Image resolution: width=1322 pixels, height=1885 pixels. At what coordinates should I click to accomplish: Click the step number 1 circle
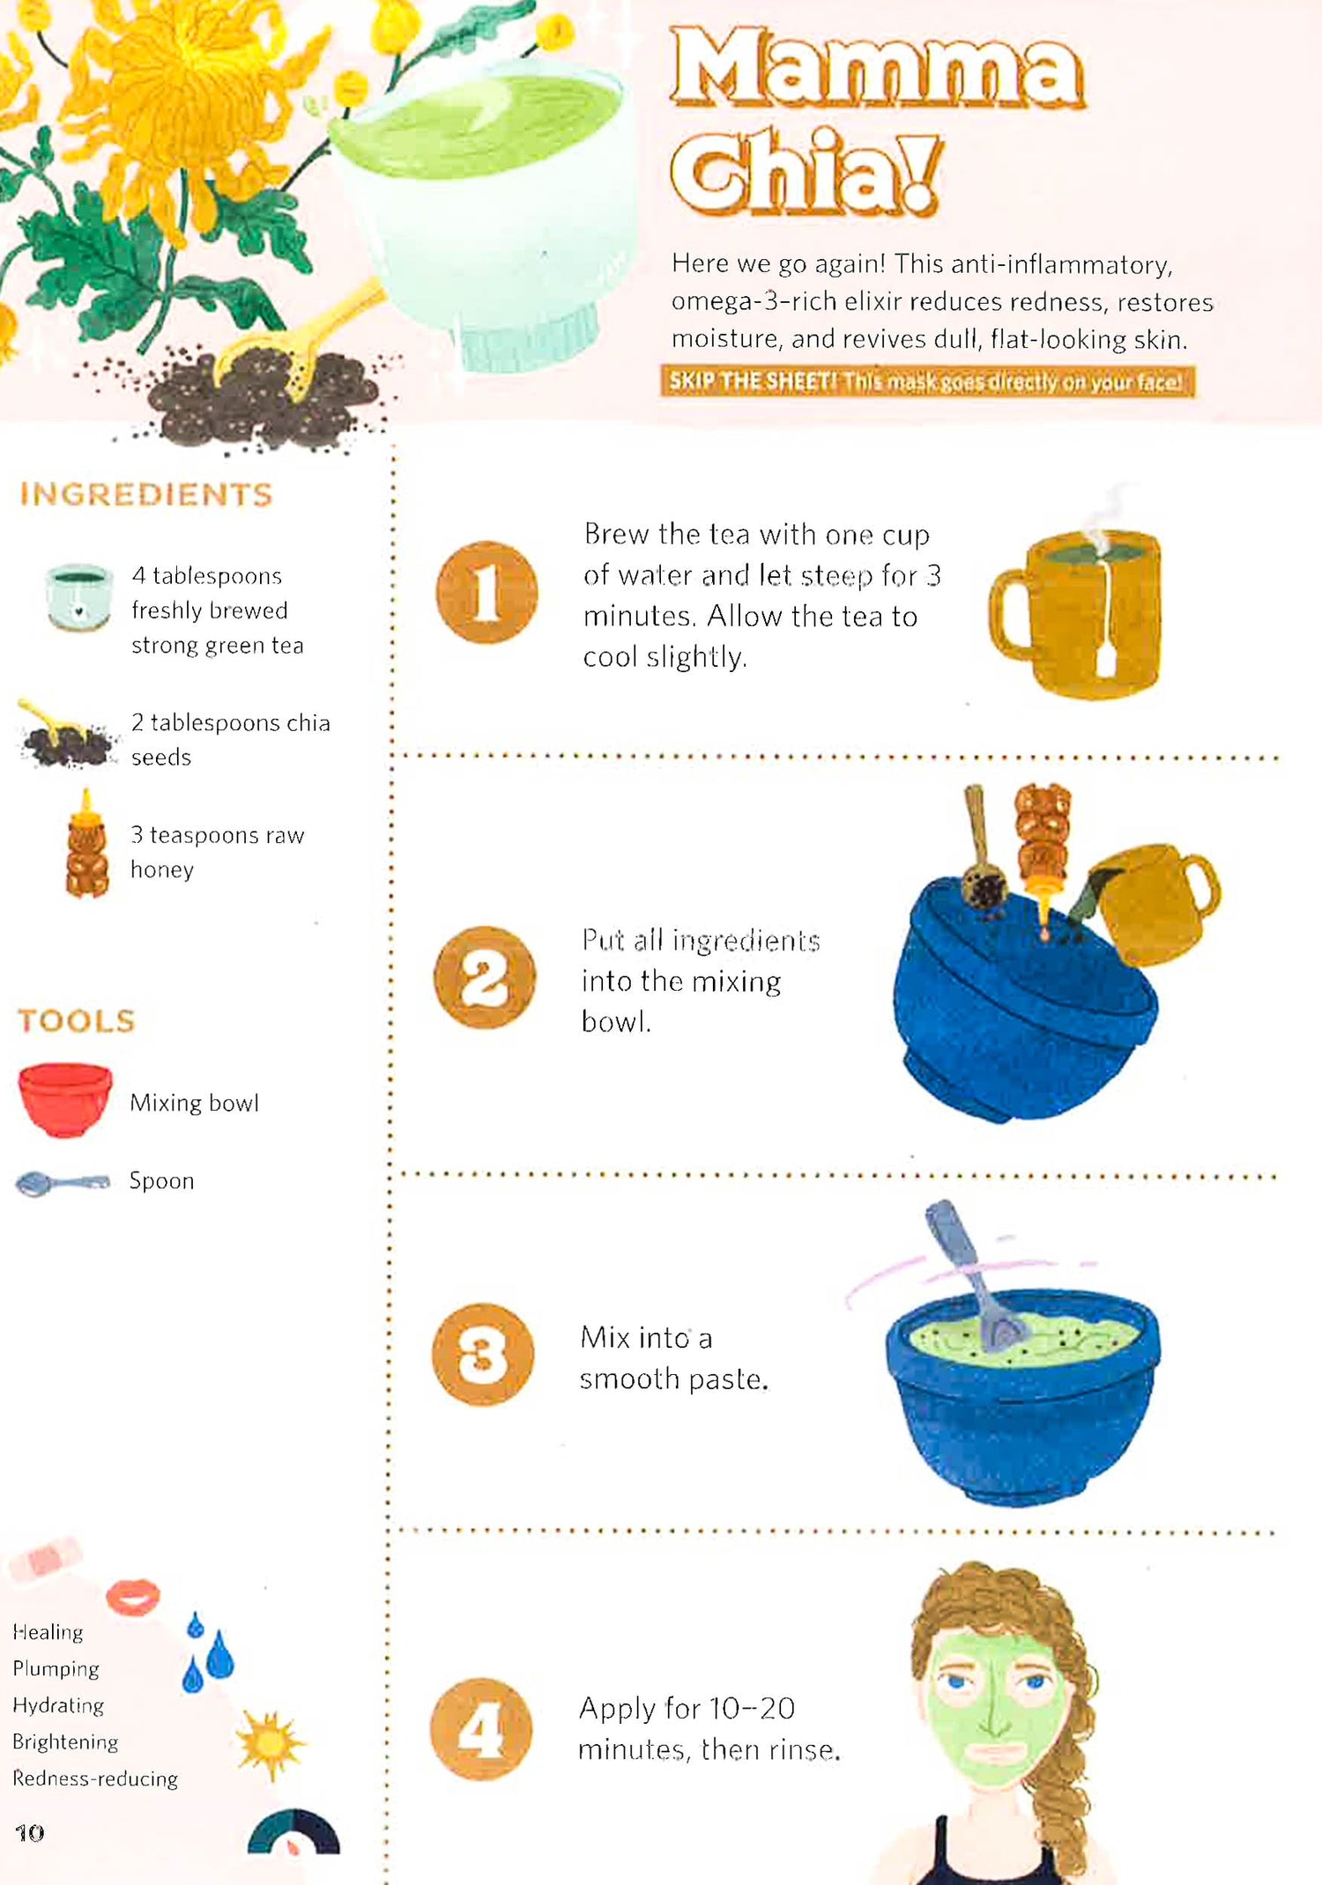[486, 592]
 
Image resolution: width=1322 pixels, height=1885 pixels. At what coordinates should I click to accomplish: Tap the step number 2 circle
[485, 977]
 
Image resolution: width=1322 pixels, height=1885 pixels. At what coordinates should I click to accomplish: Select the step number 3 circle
[483, 1354]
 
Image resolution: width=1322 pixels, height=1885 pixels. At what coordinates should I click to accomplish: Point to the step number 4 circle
[481, 1729]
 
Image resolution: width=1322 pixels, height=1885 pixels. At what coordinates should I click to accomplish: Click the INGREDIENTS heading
[146, 494]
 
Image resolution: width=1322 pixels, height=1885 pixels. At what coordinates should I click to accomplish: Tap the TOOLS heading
[77, 1021]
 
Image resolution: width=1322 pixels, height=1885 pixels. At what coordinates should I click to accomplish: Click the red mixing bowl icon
[65, 1100]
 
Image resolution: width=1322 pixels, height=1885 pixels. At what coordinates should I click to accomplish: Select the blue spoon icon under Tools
[63, 1183]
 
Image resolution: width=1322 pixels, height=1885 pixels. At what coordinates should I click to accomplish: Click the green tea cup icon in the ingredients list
[79, 597]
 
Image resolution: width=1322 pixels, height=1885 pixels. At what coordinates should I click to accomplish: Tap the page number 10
[30, 1833]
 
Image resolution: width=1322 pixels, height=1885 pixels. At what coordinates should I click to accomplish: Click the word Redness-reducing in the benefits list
[95, 1778]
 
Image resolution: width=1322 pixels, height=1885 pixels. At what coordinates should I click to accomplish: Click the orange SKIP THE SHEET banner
[928, 381]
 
